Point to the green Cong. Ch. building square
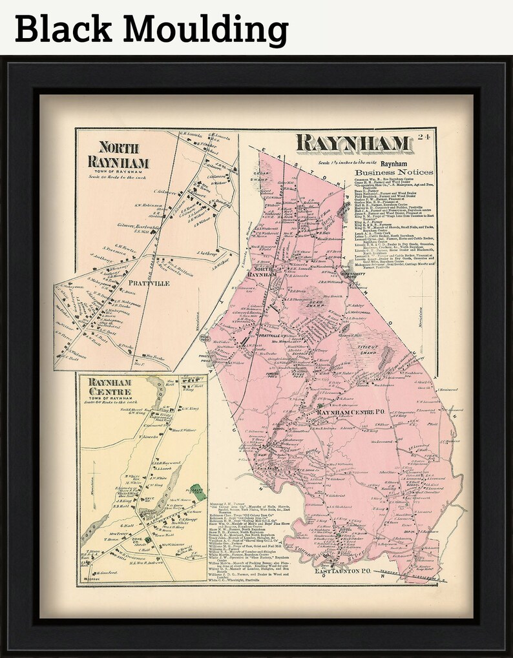148,539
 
